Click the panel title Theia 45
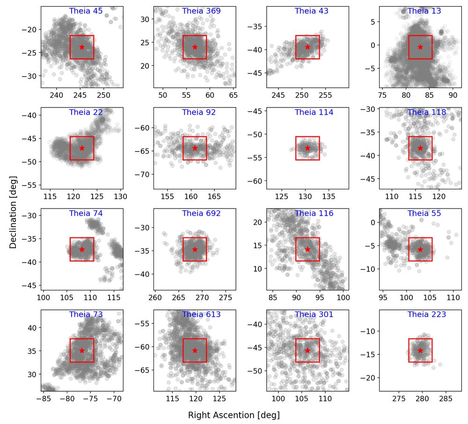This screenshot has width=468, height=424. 86,11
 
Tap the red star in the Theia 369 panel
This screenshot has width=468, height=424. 195,47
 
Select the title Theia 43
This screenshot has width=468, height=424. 312,11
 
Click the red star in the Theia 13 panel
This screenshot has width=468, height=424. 420,47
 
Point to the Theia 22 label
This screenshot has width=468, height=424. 86,112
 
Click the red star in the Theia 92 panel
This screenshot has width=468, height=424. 195,148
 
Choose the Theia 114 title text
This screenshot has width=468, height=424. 314,112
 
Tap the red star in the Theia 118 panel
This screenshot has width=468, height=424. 420,148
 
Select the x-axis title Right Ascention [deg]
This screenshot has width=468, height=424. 234,415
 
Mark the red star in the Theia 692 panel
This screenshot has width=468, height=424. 195,249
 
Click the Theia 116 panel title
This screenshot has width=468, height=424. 314,213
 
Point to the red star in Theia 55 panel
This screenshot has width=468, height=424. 420,249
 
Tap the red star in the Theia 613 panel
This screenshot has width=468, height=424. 195,351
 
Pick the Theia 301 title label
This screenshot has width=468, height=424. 314,315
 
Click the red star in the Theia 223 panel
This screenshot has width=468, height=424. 420,351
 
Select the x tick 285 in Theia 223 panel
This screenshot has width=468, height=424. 445,398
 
